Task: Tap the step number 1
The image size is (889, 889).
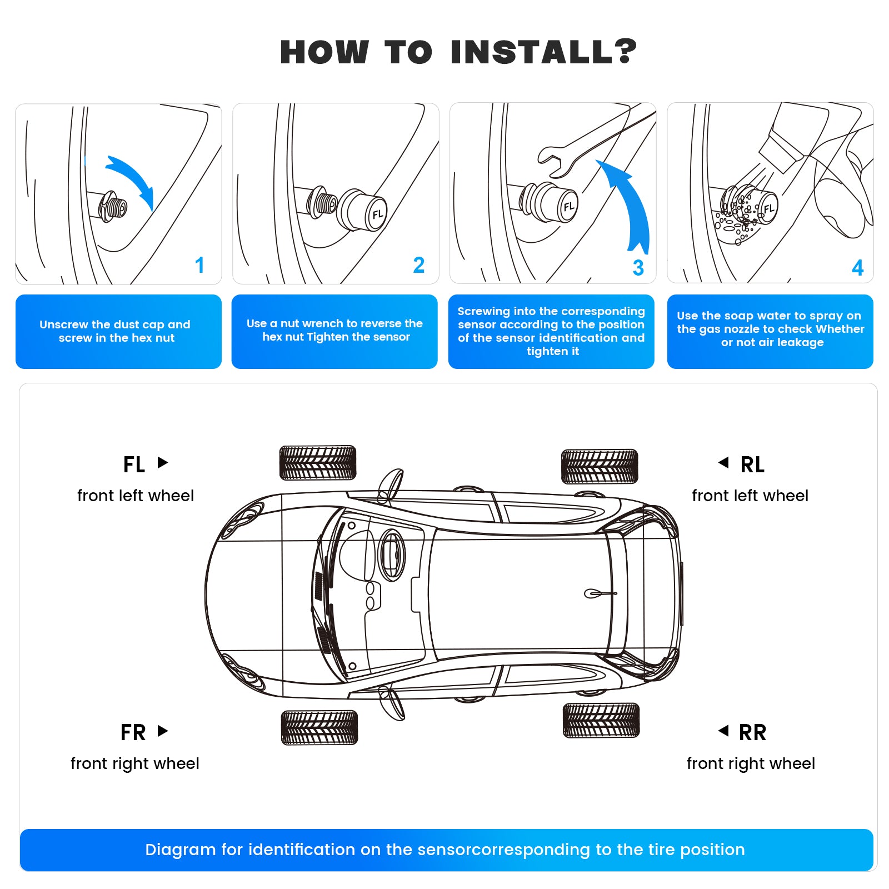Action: pyautogui.click(x=199, y=265)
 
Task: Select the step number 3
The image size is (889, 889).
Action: pyautogui.click(x=638, y=268)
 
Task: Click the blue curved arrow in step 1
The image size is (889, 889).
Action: pyautogui.click(x=133, y=178)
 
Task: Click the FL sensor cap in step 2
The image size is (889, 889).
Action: pyautogui.click(x=367, y=211)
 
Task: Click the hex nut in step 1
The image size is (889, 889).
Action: pyautogui.click(x=113, y=207)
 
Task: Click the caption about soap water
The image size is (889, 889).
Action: pyautogui.click(x=770, y=329)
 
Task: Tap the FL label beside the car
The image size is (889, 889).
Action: pyautogui.click(x=134, y=465)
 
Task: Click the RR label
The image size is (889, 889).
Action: pyautogui.click(x=752, y=732)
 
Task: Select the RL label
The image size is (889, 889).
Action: pyautogui.click(x=752, y=465)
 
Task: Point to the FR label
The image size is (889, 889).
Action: pyautogui.click(x=133, y=732)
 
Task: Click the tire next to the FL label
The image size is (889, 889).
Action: pyautogui.click(x=317, y=462)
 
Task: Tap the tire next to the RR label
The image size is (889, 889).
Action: pyautogui.click(x=601, y=720)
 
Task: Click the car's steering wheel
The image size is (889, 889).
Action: pyautogui.click(x=392, y=554)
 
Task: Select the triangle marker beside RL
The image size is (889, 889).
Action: pyautogui.click(x=723, y=462)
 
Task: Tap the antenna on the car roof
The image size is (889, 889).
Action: pyautogui.click(x=599, y=593)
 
